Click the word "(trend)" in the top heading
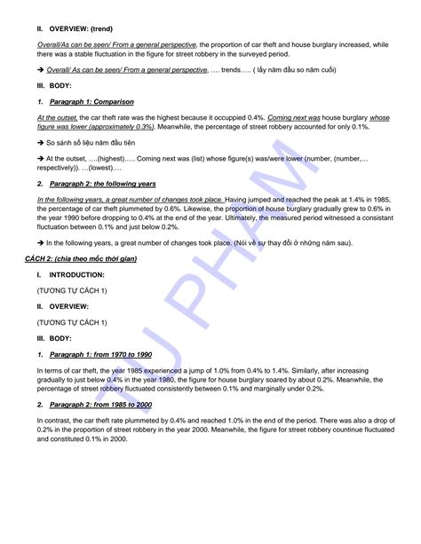(x=99, y=28)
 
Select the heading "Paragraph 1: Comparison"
(x=87, y=101)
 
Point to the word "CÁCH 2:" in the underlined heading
(x=39, y=258)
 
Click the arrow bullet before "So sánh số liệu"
(x=40, y=141)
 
